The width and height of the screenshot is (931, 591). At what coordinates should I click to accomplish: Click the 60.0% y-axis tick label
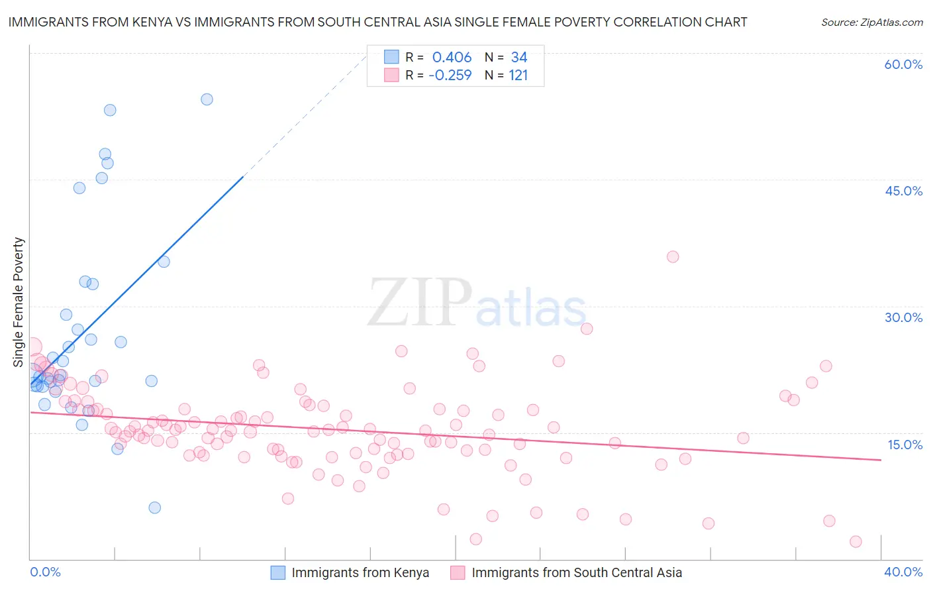tap(903, 64)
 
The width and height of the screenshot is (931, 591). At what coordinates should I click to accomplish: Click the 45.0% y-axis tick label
tap(903, 191)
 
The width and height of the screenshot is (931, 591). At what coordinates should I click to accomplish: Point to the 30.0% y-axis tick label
tap(903, 317)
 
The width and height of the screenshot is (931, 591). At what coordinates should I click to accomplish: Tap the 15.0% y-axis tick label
tap(905, 445)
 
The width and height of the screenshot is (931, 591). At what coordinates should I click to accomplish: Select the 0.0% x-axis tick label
tap(45, 572)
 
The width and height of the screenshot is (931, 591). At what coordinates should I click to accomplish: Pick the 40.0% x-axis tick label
tap(903, 572)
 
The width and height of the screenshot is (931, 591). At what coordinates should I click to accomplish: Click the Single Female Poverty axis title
tap(19, 302)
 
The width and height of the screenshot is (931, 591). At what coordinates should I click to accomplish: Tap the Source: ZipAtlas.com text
tap(871, 22)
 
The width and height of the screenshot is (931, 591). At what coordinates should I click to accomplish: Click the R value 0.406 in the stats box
tap(452, 58)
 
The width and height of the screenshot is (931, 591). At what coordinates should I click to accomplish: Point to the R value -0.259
tap(450, 75)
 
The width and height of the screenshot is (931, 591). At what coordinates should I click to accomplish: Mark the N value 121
tap(518, 75)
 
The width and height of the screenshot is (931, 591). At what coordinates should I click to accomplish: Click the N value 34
tap(518, 58)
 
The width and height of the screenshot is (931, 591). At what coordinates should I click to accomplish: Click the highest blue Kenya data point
tap(207, 99)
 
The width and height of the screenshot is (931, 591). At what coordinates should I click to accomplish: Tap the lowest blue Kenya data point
tap(154, 508)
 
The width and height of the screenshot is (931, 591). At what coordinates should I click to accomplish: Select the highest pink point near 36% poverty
tap(673, 257)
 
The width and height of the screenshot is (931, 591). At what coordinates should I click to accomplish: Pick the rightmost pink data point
tap(856, 541)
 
